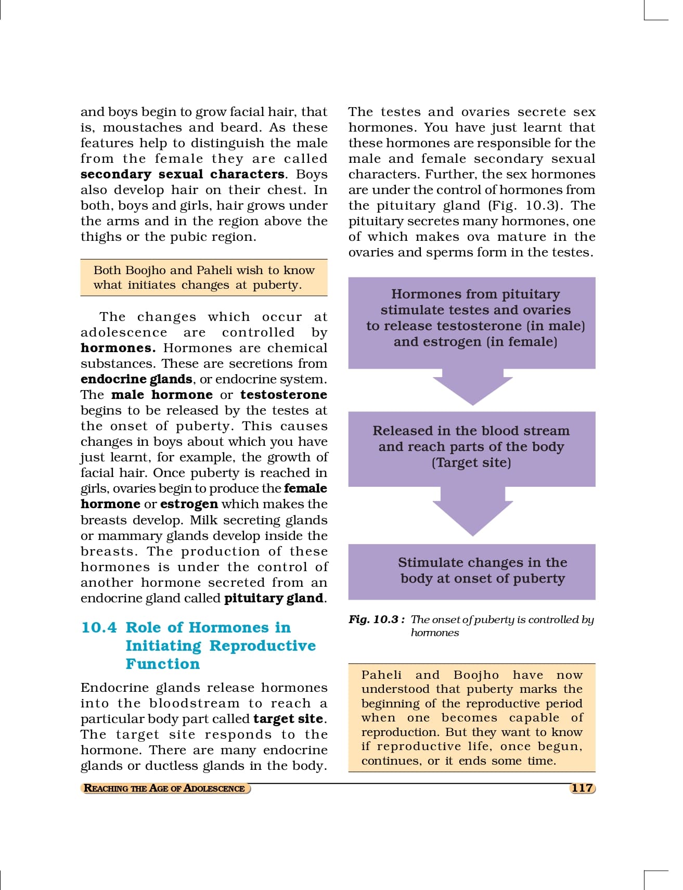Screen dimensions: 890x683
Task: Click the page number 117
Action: click(582, 788)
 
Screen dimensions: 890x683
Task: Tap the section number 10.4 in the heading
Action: click(99, 627)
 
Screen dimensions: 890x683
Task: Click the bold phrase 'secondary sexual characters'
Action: click(183, 174)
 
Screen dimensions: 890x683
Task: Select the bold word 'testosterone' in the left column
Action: click(283, 395)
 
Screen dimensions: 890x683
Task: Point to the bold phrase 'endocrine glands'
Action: click(136, 379)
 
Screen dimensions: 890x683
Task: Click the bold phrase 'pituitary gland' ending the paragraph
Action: click(274, 598)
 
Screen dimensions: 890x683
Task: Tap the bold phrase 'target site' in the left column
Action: click(289, 719)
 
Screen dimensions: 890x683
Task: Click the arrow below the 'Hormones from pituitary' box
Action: click(472, 387)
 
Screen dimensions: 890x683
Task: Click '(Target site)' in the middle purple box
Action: click(471, 462)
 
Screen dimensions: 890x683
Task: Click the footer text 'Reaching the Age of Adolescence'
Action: click(164, 788)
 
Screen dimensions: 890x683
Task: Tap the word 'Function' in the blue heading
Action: click(162, 664)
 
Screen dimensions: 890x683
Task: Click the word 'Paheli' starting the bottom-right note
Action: click(381, 675)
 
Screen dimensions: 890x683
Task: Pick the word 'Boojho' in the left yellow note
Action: click(146, 270)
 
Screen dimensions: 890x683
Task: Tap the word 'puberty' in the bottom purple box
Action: click(538, 578)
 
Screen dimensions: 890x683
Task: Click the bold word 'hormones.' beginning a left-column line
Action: click(118, 348)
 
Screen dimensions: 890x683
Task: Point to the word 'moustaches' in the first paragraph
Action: click(143, 127)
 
